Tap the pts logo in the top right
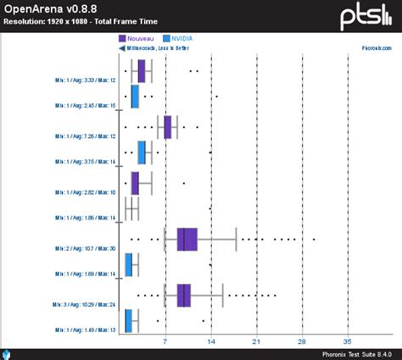tap(367, 15)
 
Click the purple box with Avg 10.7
tap(187, 240)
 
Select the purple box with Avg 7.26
tap(168, 126)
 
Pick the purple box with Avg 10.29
tap(184, 295)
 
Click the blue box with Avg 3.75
tap(142, 152)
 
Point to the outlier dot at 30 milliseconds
tap(314, 240)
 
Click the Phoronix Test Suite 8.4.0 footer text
tap(356, 354)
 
